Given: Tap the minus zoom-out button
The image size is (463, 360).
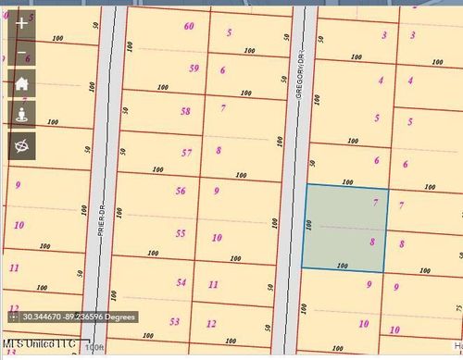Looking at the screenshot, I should [22, 54].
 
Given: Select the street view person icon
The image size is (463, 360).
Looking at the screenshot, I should [22, 114].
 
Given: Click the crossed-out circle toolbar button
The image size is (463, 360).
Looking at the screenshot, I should [22, 144].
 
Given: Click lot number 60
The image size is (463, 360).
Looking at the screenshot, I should [190, 26].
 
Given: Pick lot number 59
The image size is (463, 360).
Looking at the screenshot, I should [194, 68].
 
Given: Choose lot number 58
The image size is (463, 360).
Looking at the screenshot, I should [186, 111].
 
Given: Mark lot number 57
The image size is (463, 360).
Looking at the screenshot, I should [187, 153].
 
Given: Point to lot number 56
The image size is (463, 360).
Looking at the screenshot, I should [181, 192].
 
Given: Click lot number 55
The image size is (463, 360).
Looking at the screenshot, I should [181, 233].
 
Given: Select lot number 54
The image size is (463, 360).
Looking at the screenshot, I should [181, 282].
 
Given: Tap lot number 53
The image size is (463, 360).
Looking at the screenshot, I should [175, 321].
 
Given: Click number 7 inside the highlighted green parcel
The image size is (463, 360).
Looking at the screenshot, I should [375, 202].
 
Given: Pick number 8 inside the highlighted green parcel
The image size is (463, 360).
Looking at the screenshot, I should [372, 242].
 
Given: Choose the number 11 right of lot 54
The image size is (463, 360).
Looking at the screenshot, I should [213, 284].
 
